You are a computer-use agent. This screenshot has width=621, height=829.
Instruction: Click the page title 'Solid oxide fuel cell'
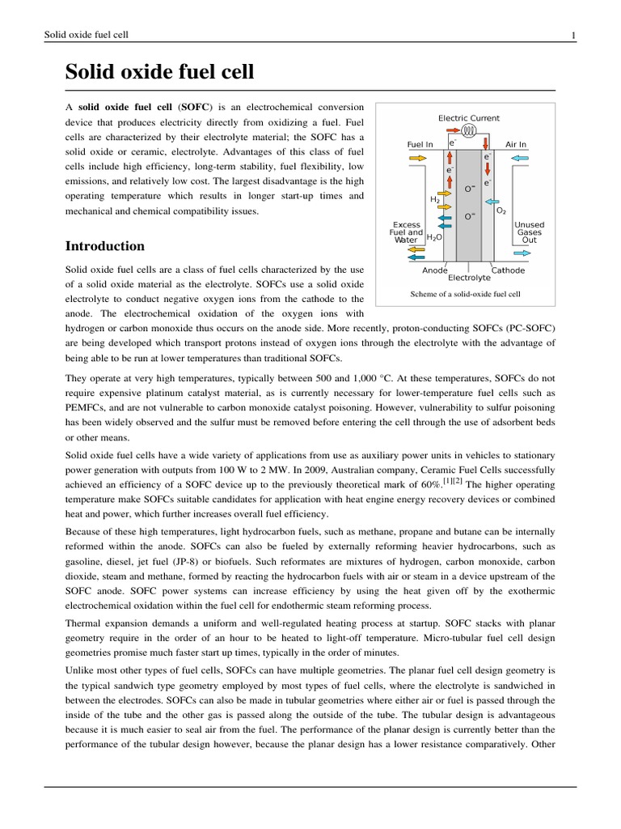coord(159,72)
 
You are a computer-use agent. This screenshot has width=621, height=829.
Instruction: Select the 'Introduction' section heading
coord(104,246)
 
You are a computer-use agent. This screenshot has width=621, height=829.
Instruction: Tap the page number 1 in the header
coord(572,35)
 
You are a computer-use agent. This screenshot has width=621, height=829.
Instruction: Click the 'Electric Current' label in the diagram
coord(469,118)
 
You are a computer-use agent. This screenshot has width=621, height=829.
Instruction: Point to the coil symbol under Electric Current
coord(470,130)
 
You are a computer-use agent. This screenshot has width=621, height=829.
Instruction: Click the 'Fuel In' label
coord(420,145)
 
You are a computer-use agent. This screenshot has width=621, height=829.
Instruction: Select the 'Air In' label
coord(516,145)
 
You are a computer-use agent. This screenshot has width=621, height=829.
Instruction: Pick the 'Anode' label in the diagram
coord(435,270)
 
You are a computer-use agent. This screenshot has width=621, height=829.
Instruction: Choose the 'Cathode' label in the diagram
coord(508,270)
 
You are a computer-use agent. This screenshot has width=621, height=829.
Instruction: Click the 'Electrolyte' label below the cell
coord(469,278)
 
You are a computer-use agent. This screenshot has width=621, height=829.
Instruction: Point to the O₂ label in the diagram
coord(501,210)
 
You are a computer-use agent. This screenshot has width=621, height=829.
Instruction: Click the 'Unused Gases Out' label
coord(530,232)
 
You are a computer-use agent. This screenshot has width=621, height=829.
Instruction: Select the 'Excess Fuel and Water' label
coord(407,232)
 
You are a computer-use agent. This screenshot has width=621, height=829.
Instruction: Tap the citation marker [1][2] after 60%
coord(454,482)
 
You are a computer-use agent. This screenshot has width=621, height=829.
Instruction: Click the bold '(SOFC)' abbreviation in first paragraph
coord(193,108)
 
